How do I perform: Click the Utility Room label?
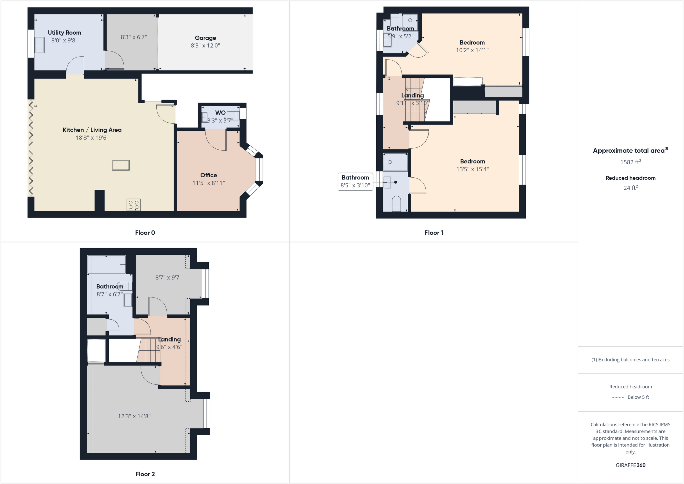tap(64, 33)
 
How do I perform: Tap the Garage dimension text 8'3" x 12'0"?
tap(205, 46)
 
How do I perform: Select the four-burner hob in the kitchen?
tap(134, 205)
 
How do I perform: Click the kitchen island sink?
tap(121, 165)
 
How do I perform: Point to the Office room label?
tap(209, 175)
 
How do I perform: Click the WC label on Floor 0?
tap(220, 113)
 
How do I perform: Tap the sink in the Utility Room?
tap(39, 45)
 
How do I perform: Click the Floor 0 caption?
tap(145, 233)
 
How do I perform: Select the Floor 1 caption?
tap(434, 233)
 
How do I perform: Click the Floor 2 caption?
tap(145, 474)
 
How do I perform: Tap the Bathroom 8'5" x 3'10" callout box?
tap(355, 181)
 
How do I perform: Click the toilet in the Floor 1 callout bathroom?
tap(396, 204)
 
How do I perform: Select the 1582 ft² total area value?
tap(630, 162)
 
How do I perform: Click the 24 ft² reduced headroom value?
tap(630, 188)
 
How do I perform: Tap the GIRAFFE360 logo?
tap(630, 465)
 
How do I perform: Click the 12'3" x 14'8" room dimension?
tap(134, 416)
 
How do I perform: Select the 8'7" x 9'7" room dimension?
tap(168, 278)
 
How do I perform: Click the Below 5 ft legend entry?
tap(638, 397)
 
